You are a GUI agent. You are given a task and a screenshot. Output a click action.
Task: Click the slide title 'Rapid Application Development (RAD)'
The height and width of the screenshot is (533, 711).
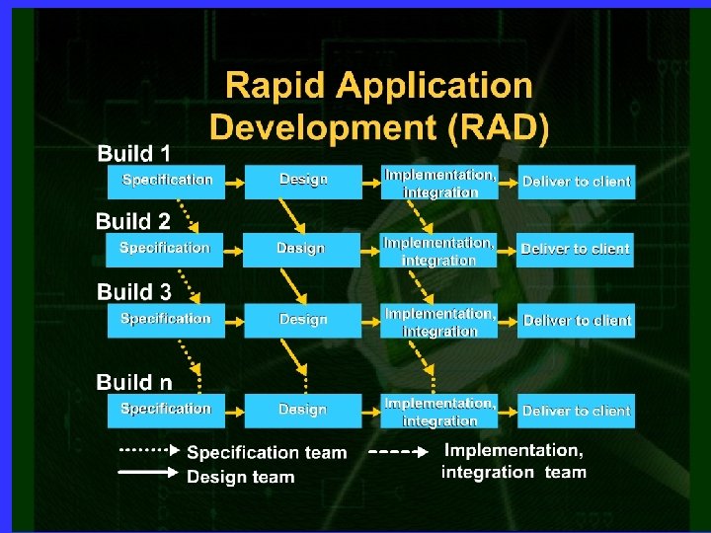pyautogui.click(x=380, y=106)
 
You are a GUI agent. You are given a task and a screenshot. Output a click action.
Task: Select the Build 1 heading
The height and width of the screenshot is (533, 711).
pyautogui.click(x=134, y=153)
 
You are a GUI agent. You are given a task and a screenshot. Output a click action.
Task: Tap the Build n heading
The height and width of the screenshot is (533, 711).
pyautogui.click(x=134, y=381)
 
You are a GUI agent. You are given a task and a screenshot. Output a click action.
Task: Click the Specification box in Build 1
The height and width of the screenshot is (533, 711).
pyautogui.click(x=166, y=181)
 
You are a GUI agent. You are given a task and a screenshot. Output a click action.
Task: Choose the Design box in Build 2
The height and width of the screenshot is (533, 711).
pyautogui.click(x=300, y=249)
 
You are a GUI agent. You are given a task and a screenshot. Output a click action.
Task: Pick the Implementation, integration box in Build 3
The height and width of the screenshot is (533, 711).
pyautogui.click(x=439, y=322)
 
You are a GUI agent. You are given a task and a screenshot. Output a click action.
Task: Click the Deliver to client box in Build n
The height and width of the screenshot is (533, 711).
pyautogui.click(x=577, y=411)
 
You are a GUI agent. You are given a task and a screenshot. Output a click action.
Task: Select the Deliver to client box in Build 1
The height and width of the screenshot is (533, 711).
pyautogui.click(x=577, y=182)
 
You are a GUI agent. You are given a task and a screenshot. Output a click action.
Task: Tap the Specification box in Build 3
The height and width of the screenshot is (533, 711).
pyautogui.click(x=166, y=320)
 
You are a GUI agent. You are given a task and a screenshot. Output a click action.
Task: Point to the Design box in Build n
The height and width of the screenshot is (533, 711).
pyautogui.click(x=302, y=410)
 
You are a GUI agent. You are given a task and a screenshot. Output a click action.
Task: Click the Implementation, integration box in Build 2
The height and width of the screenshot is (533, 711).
pyautogui.click(x=438, y=251)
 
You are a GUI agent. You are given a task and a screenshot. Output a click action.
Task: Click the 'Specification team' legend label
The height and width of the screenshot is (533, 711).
pyautogui.click(x=267, y=453)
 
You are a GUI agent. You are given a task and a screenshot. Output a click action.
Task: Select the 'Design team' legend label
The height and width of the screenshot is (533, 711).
pyautogui.click(x=241, y=477)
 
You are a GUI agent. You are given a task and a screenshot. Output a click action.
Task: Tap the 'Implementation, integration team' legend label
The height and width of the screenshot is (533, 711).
pyautogui.click(x=513, y=461)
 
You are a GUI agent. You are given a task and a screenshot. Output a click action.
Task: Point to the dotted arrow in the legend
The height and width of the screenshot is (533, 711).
pyautogui.click(x=149, y=450)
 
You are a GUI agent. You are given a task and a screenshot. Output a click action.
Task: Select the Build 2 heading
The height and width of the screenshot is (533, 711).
pyautogui.click(x=133, y=221)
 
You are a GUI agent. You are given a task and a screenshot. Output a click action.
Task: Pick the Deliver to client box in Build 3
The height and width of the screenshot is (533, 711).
pyautogui.click(x=577, y=321)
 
